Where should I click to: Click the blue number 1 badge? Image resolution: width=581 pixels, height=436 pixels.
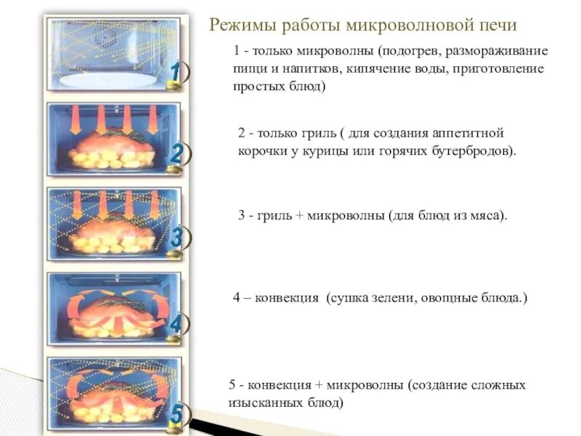coord(174,71)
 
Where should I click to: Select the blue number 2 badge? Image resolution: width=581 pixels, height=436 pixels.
coord(175,153)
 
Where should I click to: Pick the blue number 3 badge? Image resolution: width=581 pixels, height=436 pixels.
coord(176,237)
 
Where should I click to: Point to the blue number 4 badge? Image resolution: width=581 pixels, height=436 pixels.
coord(175,323)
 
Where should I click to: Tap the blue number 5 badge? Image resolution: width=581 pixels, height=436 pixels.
coord(176,414)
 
